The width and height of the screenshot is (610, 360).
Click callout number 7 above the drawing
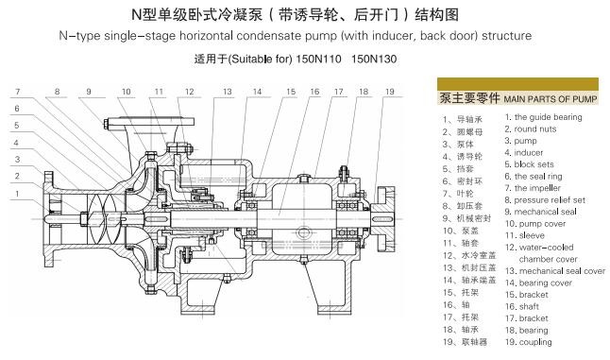(x=18, y=92)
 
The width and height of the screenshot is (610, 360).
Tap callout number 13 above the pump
(x=228, y=92)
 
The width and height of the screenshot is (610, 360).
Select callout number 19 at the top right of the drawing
(x=389, y=92)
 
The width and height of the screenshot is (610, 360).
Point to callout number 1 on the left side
(x=17, y=194)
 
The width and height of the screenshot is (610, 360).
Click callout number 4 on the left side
(x=16, y=143)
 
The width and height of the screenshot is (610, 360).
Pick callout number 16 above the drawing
(x=314, y=92)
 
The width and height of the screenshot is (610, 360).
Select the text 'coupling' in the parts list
(x=535, y=342)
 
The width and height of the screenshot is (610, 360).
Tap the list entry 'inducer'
(x=528, y=152)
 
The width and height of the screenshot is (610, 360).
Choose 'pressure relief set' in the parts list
(x=550, y=200)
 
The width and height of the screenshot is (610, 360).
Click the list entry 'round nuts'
(x=534, y=129)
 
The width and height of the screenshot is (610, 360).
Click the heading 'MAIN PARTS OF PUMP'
(x=551, y=99)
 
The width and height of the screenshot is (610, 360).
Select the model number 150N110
(x=318, y=60)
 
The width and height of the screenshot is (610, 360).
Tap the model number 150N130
(x=374, y=60)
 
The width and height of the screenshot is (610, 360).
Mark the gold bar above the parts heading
(x=517, y=84)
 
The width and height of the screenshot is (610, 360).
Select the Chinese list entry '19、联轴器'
(x=465, y=342)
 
